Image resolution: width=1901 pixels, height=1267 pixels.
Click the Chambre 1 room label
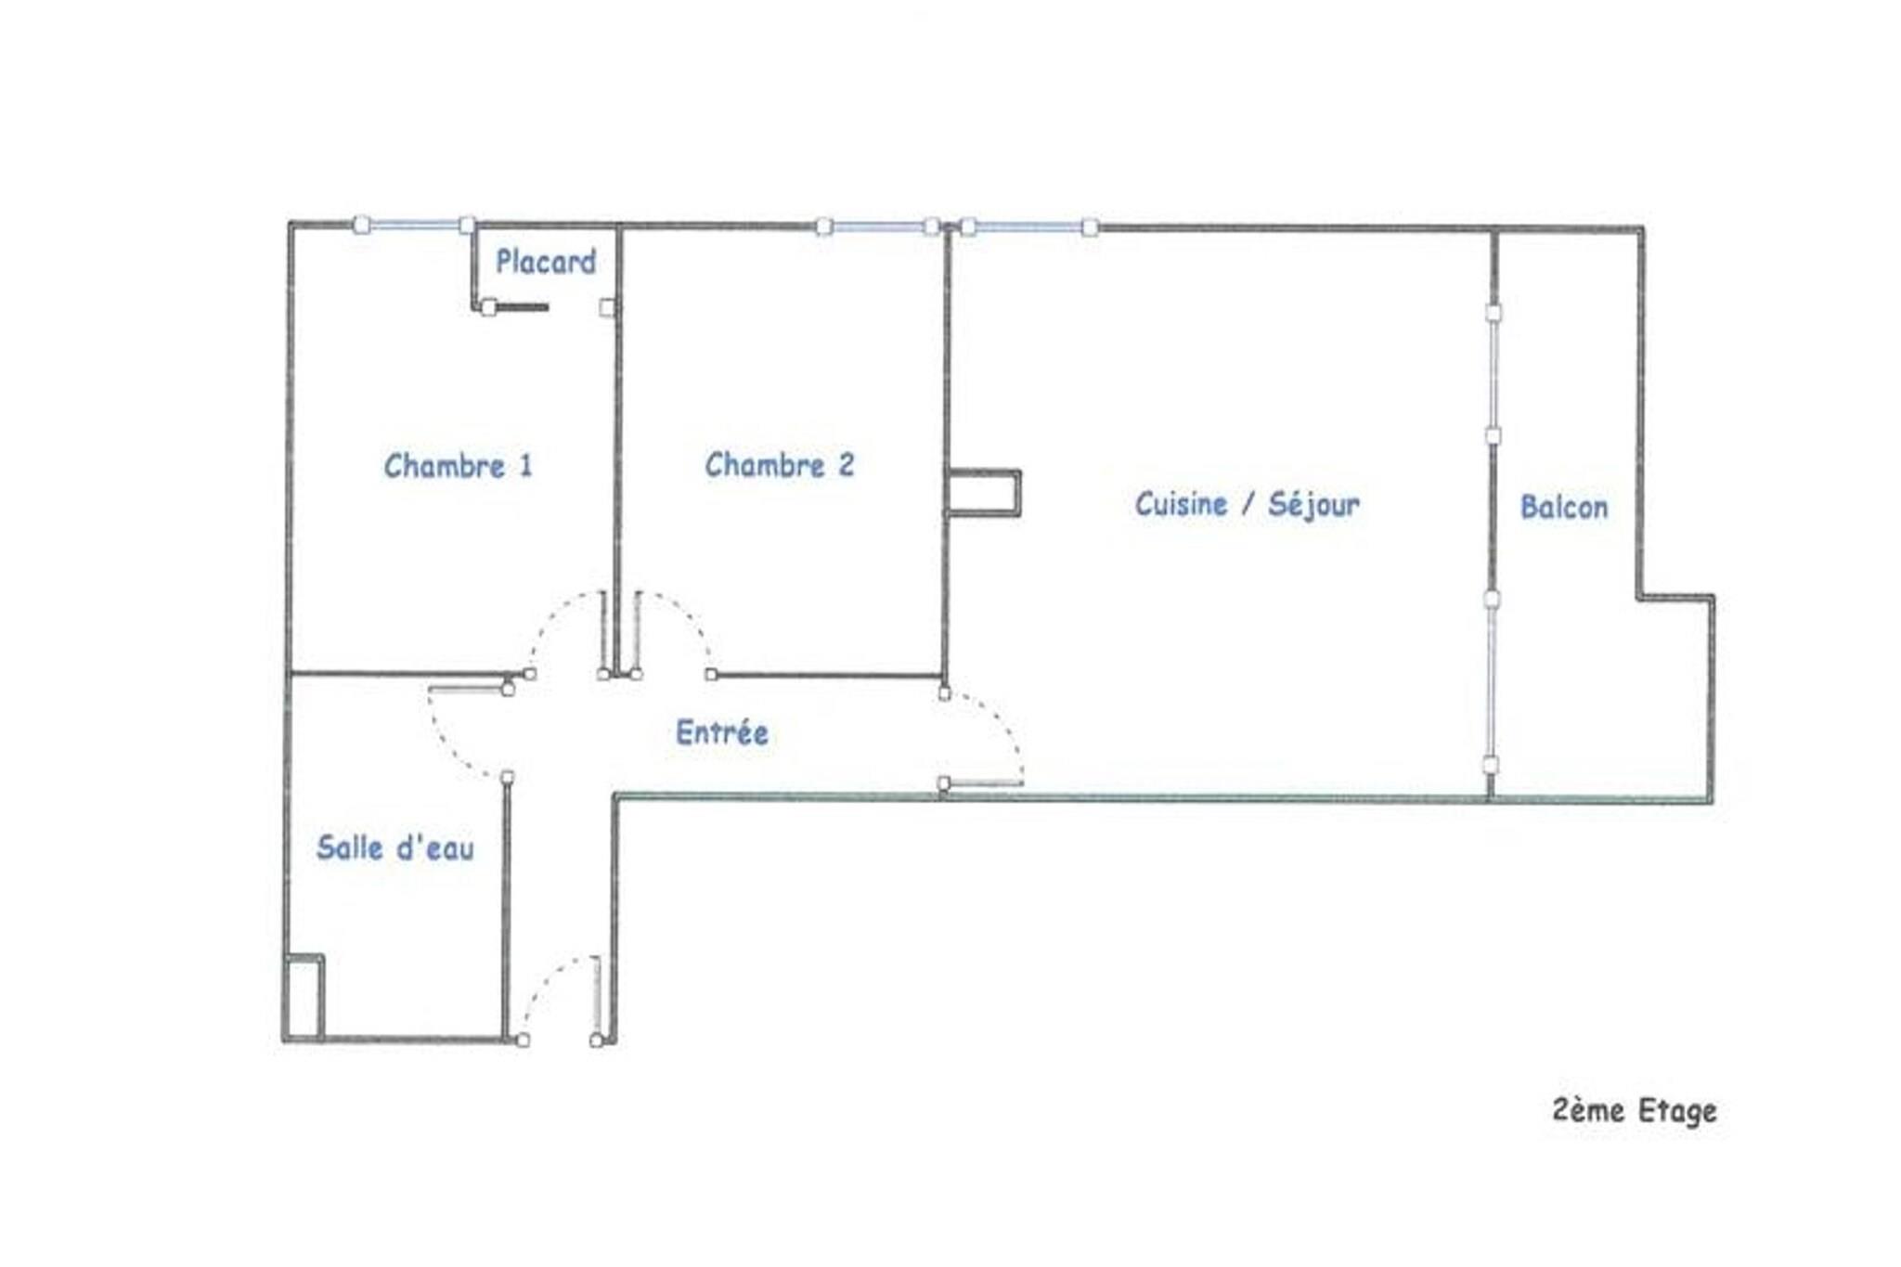(459, 465)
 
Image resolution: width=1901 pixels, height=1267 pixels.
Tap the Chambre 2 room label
(780, 464)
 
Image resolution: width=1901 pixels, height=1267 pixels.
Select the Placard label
(546, 262)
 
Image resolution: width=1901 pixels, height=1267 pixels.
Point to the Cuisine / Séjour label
(1247, 504)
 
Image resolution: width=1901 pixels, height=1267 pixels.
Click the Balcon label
(1564, 507)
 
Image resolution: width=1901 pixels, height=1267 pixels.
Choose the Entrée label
(722, 732)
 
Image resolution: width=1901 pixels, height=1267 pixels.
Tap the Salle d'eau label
(395, 847)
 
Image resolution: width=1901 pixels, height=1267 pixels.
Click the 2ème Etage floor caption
(1634, 1110)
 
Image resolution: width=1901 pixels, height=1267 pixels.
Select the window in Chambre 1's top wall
(415, 225)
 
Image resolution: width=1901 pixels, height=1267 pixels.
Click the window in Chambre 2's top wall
(877, 226)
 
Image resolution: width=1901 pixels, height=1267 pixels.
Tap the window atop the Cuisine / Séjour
(1029, 226)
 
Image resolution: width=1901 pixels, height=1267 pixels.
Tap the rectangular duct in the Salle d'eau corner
(304, 997)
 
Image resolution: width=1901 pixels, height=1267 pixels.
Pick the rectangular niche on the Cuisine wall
(984, 492)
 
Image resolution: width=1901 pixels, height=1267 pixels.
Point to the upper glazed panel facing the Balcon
(1494, 374)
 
